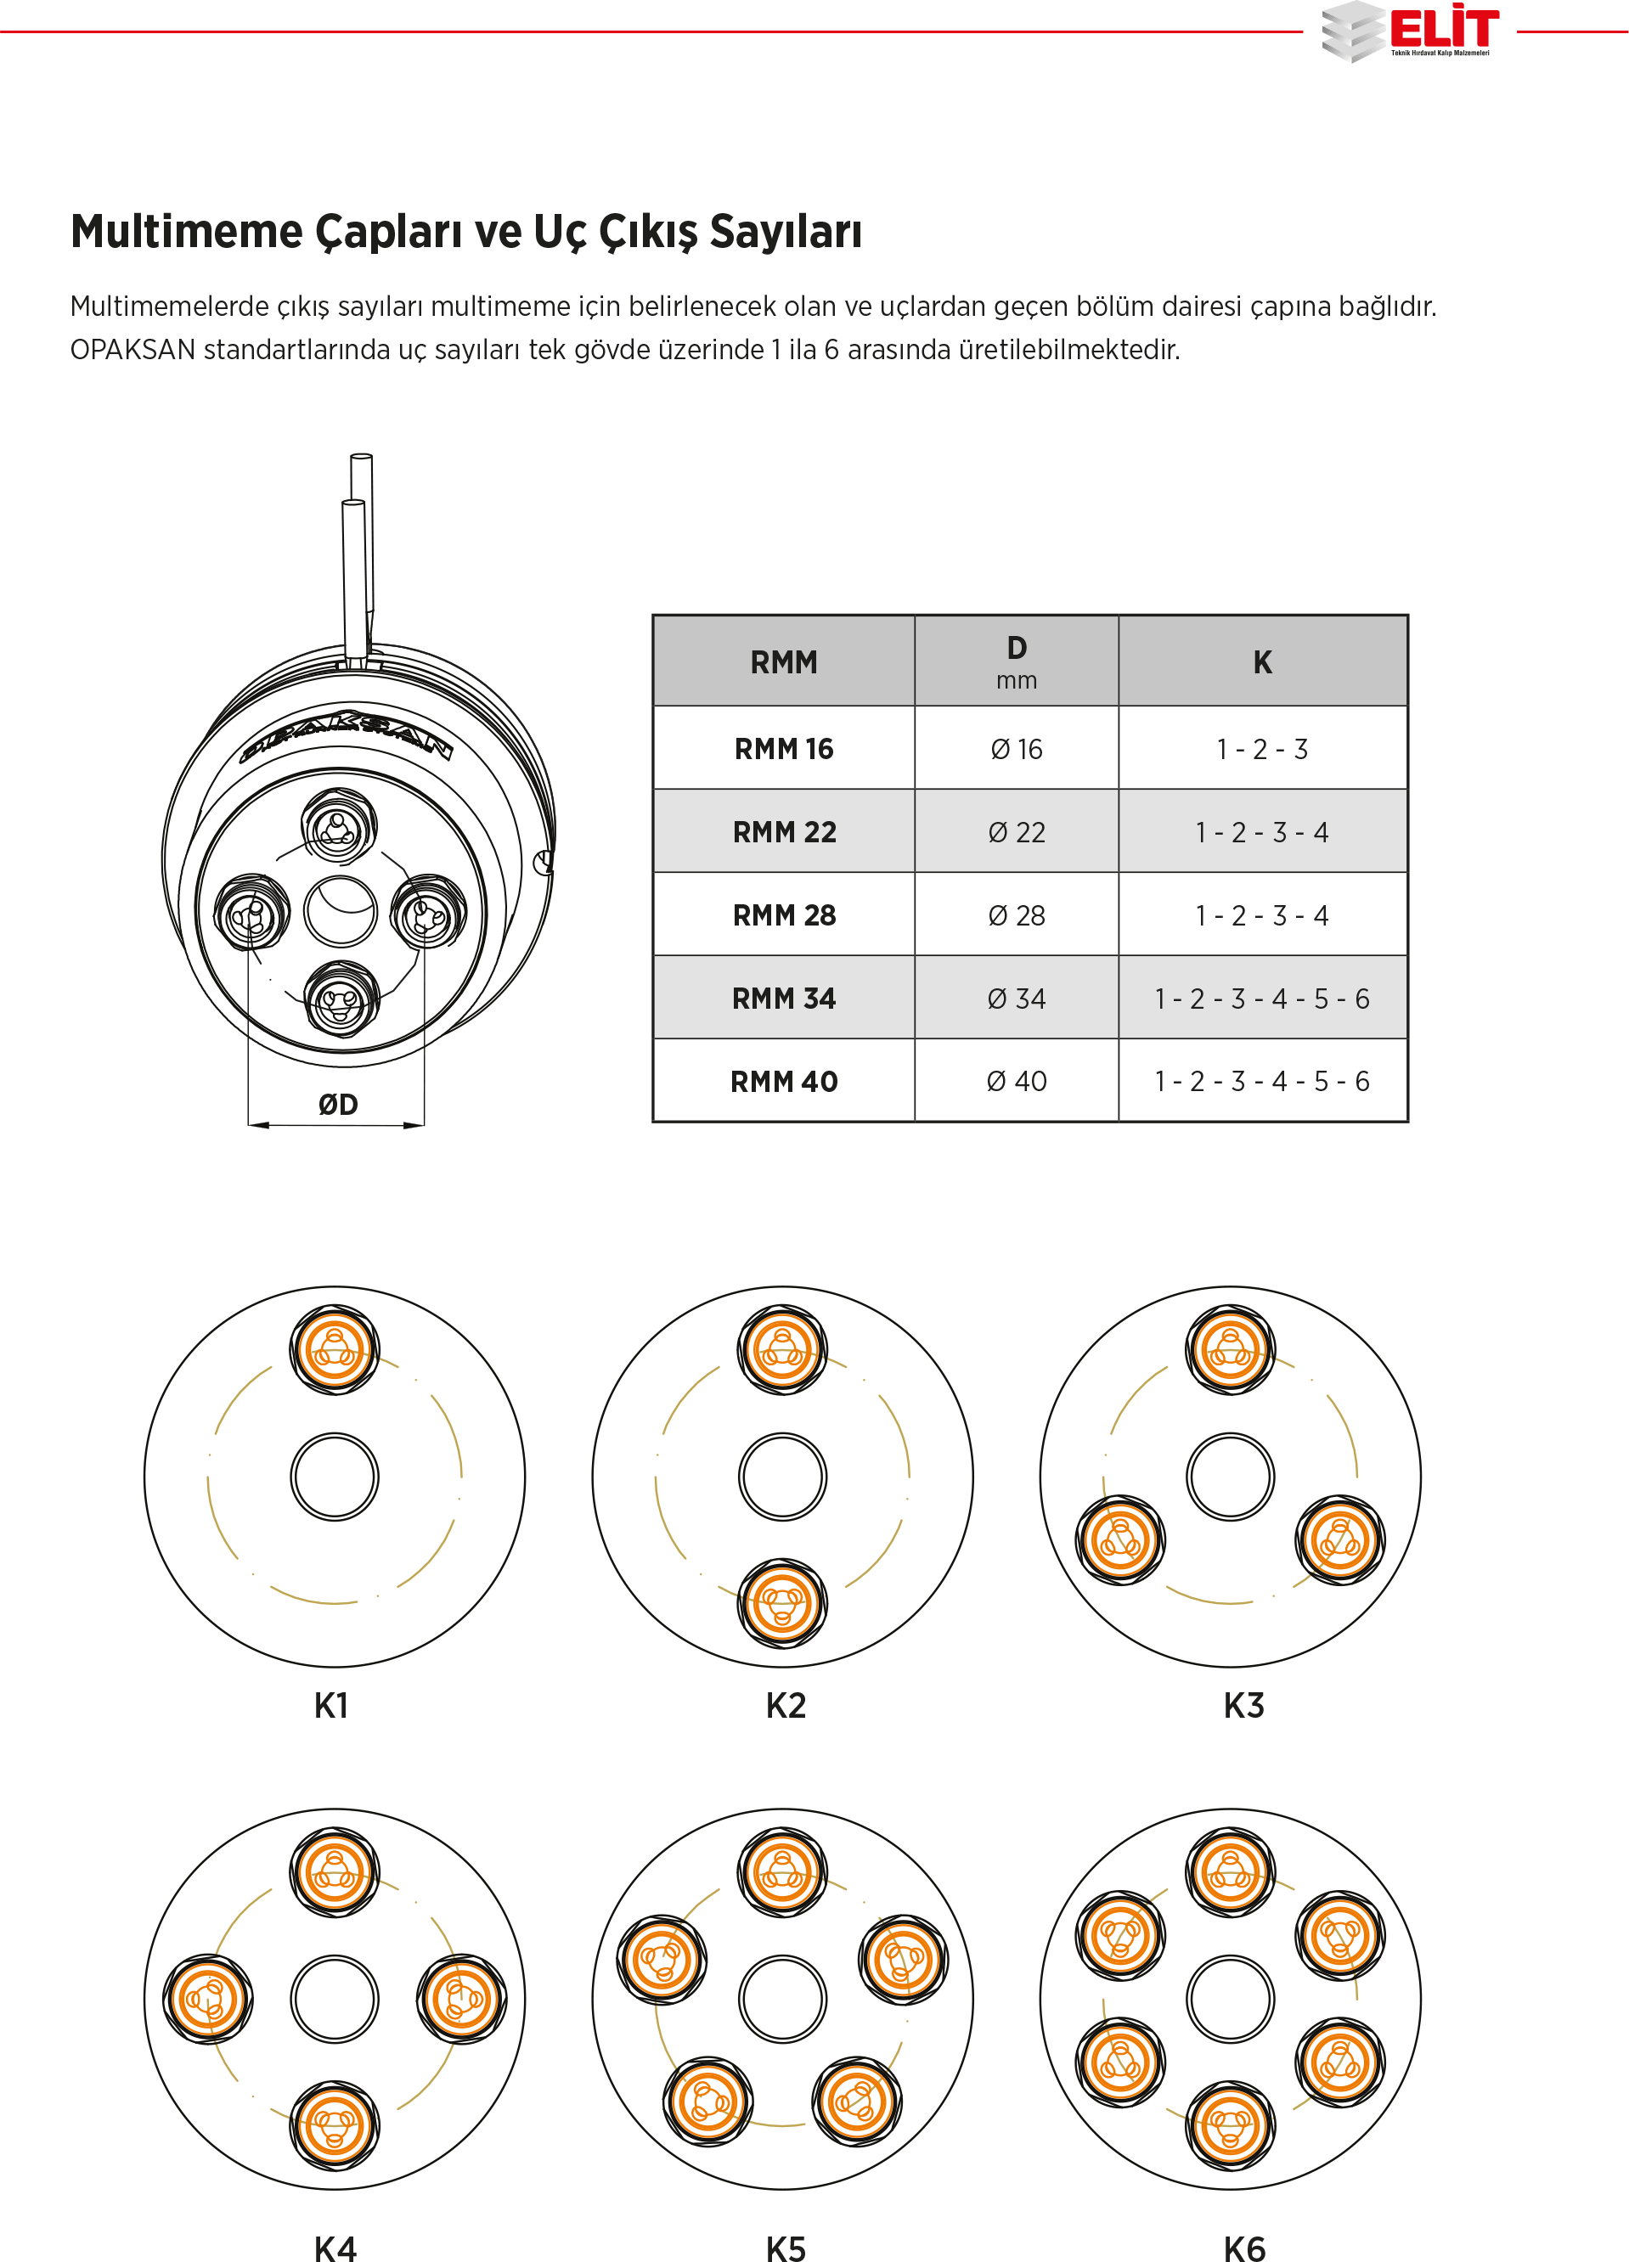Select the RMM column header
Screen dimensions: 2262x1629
click(x=783, y=662)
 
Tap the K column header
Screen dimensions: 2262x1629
click(x=1262, y=662)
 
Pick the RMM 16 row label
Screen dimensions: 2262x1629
click(x=783, y=749)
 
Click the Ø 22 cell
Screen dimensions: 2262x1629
click(x=1017, y=832)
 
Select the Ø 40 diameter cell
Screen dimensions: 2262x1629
click(x=1017, y=1081)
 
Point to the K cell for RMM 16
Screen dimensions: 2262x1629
click(x=1262, y=749)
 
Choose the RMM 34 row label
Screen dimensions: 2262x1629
click(x=783, y=999)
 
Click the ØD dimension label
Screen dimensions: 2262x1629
click(x=337, y=1104)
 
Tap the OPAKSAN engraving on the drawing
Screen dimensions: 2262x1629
click(x=347, y=737)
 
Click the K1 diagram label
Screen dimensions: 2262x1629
click(x=331, y=1706)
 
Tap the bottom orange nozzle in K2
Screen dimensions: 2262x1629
click(x=782, y=1604)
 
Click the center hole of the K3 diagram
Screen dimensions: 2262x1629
click(x=1230, y=1477)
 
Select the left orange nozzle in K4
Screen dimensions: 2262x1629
click(x=207, y=1999)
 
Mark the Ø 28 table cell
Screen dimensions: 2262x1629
click(x=1017, y=915)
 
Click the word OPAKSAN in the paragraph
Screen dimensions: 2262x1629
click(x=132, y=350)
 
